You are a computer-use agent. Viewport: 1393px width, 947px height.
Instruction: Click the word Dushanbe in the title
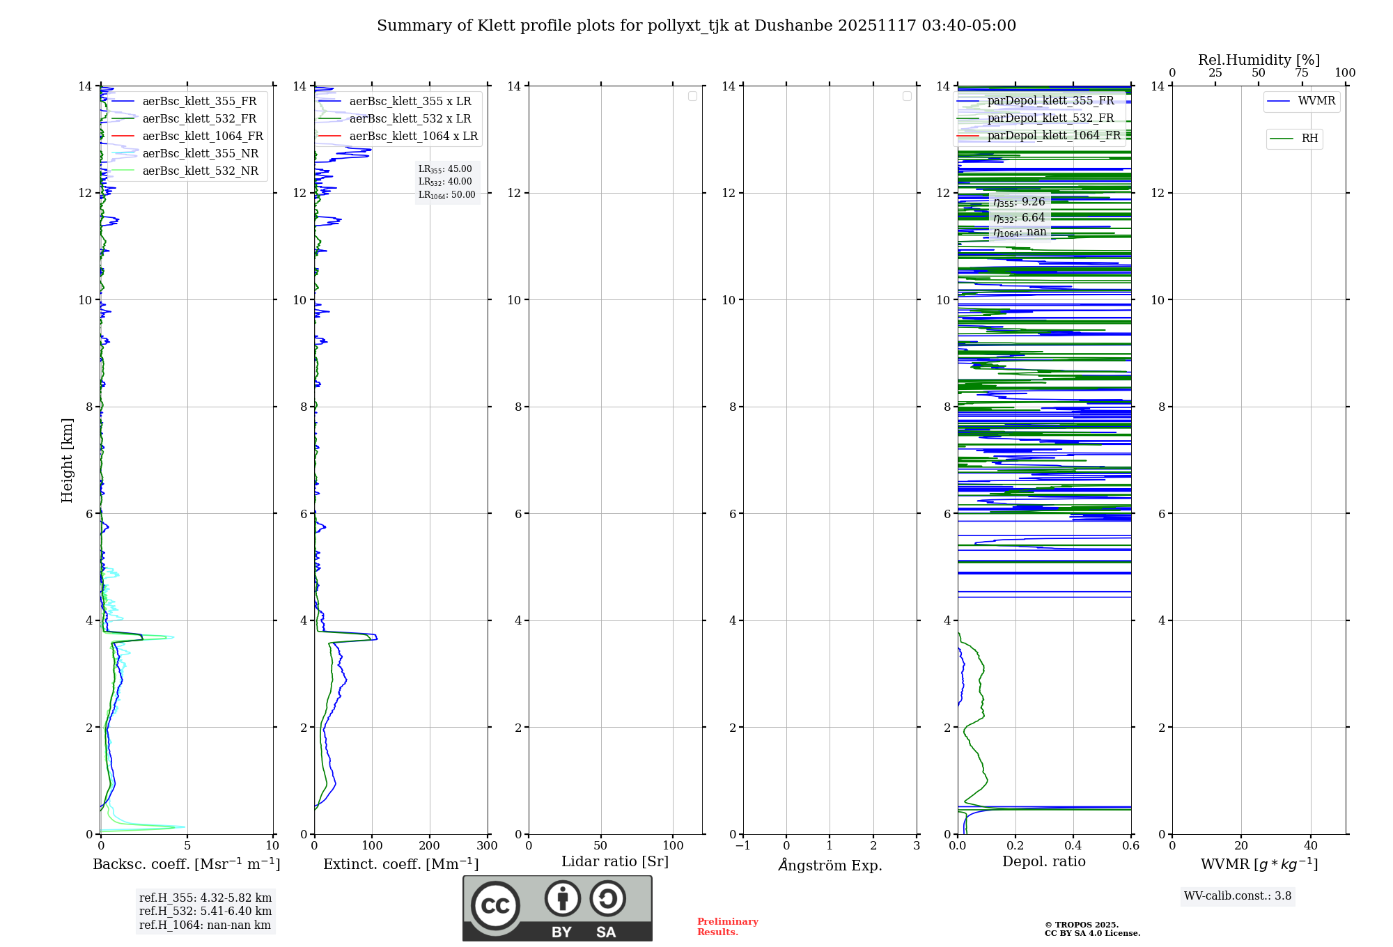(793, 26)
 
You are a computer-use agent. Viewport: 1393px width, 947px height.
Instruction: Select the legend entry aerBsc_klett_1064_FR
(202, 136)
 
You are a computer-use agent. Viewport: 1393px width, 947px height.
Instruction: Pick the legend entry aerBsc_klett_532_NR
(200, 171)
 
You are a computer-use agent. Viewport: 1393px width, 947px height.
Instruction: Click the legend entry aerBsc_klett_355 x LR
(410, 101)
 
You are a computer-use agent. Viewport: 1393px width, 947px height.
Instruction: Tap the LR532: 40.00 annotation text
(445, 182)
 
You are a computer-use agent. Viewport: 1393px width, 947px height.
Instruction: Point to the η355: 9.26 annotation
(1019, 202)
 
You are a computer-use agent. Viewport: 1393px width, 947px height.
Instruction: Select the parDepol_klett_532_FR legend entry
(1050, 118)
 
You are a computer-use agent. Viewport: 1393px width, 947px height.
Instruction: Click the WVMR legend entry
(1316, 101)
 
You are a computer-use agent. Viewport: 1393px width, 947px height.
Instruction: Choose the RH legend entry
(1309, 139)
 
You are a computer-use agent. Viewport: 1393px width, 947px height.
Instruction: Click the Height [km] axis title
(67, 460)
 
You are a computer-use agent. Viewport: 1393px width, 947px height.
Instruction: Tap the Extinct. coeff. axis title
(400, 864)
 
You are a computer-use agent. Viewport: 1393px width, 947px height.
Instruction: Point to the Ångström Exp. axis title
(830, 865)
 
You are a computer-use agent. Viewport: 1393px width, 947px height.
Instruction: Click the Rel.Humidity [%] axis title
(1259, 60)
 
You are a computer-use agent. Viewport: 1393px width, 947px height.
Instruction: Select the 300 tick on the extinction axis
(487, 846)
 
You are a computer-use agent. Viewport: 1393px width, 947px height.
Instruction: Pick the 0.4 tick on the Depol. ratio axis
(1073, 846)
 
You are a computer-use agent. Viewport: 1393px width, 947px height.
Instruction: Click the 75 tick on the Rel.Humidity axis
(1302, 73)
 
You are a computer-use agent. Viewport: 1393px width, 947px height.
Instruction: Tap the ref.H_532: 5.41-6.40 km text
(205, 911)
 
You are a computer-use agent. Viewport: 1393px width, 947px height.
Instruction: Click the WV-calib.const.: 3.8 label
(1237, 896)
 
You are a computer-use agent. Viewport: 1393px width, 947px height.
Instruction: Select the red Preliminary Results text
(727, 927)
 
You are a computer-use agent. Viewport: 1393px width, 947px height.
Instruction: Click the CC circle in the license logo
(495, 905)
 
